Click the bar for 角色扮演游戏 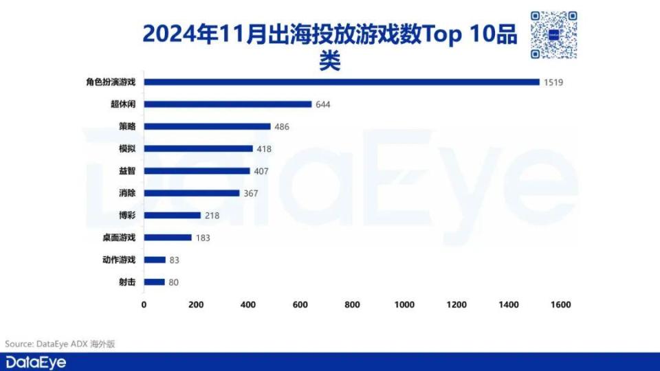coord(342,82)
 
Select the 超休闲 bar coord(228,104)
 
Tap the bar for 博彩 coord(172,215)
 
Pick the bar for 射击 coord(154,282)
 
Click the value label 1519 coord(553,82)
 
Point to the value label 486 coord(282,127)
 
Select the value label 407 coord(261,171)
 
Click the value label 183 coord(202,238)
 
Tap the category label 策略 coord(127,127)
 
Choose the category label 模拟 coord(127,149)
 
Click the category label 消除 coord(127,193)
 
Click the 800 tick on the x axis coord(353,304)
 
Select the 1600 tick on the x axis coord(560,304)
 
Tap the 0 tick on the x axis coord(144,304)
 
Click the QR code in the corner coord(553,35)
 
